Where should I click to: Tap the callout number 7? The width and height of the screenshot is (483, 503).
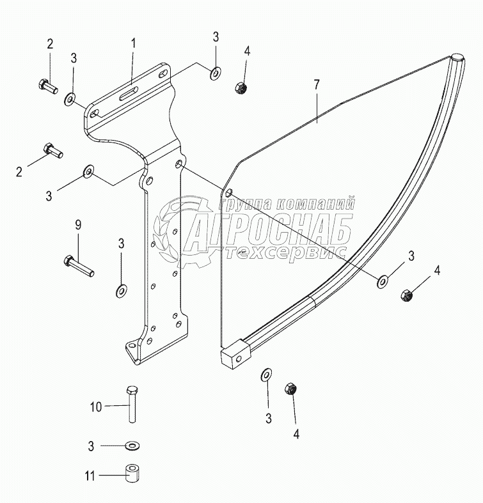tap(316, 85)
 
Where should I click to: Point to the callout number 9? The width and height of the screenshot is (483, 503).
tap(78, 225)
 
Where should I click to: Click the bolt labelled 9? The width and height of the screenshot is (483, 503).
tap(79, 265)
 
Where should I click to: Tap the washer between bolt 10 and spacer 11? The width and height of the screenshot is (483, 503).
tap(132, 444)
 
